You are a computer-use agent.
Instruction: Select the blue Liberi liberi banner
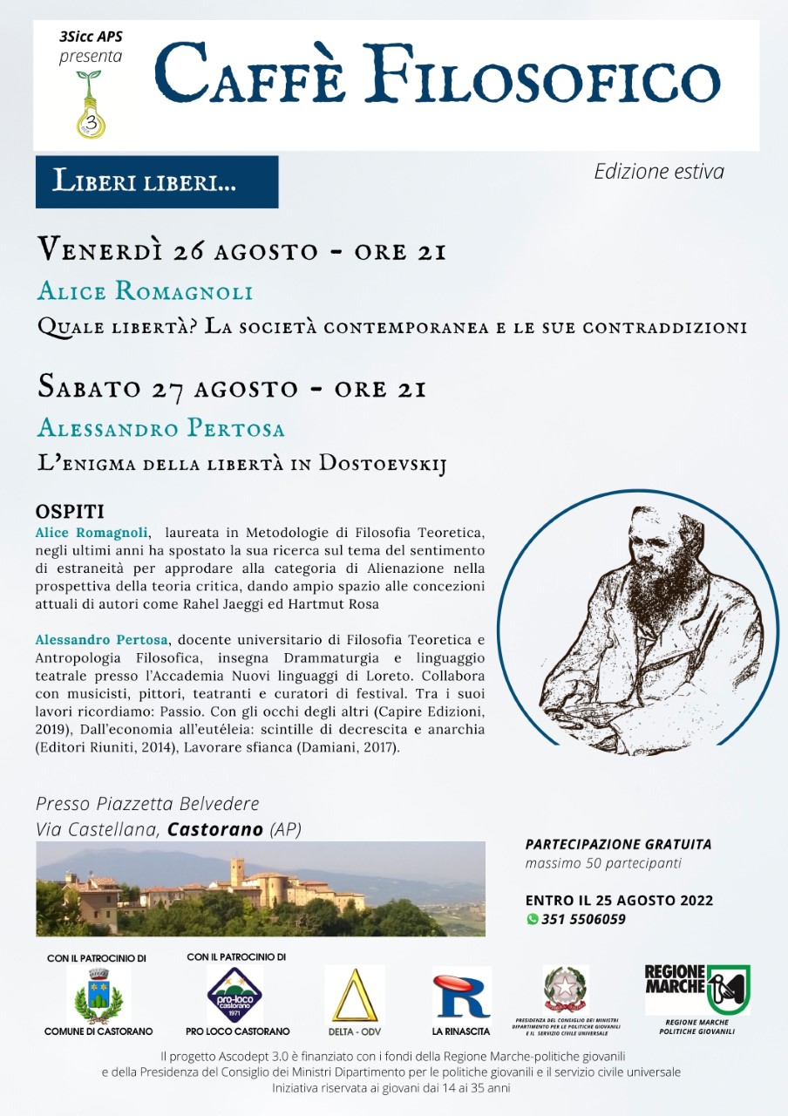157,181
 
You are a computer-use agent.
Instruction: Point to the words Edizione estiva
658,172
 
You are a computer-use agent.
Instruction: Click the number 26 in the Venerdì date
187,251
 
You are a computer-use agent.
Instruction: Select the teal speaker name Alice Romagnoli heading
145,290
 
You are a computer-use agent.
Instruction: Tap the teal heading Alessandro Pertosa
161,428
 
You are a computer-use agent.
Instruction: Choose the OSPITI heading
70,511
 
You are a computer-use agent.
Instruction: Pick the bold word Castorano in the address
215,829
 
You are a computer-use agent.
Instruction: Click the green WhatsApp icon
532,919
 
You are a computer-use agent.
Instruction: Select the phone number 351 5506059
583,919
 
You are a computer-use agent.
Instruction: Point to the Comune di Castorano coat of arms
98,995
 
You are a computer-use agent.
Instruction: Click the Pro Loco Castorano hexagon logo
234,995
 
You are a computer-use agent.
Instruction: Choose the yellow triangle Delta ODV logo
354,995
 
